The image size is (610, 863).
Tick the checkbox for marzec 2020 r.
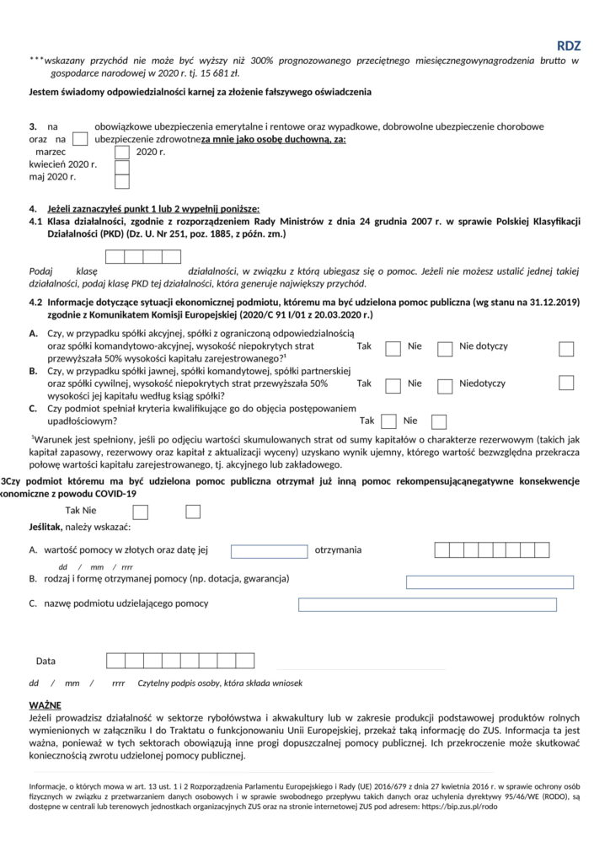coord(122,153)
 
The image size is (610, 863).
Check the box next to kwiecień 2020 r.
coord(122,166)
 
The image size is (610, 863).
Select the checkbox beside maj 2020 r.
coord(122,180)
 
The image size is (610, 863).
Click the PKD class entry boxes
coord(142,257)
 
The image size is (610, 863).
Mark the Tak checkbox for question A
coord(393,348)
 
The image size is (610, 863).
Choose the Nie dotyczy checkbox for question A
coord(567,348)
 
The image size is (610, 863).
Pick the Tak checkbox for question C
coord(389,420)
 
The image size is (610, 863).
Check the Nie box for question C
coord(437,420)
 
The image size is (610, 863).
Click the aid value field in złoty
coord(269,551)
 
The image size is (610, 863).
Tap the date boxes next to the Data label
coord(179,661)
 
